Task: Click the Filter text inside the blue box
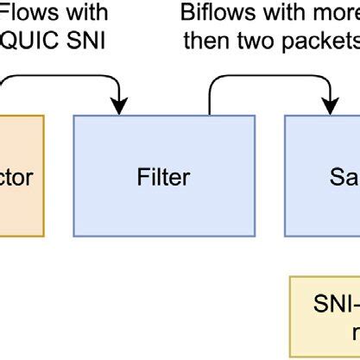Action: coord(163,179)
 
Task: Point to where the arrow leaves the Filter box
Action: coord(210,112)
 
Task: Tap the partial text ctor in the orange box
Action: coord(16,179)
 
